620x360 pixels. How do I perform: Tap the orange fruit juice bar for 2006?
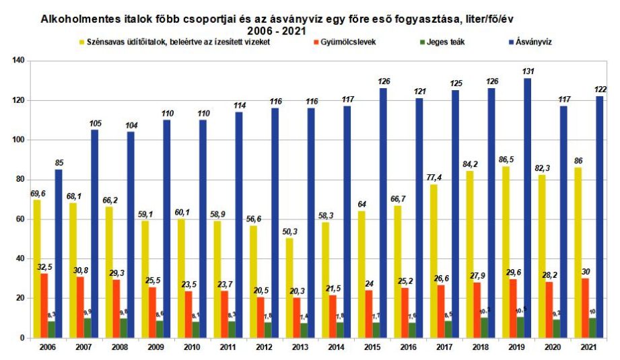(x=44, y=305)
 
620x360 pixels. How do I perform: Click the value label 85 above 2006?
(x=61, y=162)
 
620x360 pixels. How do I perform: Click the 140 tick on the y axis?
(x=18, y=61)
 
